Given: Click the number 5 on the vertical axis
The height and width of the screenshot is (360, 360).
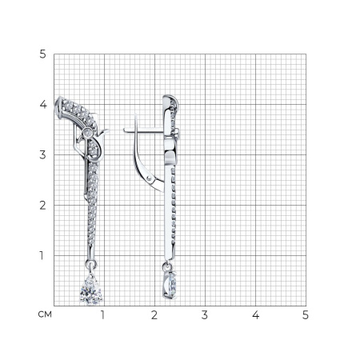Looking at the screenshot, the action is click(42, 54).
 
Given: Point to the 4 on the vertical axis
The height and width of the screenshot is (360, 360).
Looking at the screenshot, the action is click(43, 104).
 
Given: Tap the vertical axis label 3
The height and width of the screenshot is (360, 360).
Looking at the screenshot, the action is click(42, 154).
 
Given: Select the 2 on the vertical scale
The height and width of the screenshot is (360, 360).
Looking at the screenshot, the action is click(42, 206).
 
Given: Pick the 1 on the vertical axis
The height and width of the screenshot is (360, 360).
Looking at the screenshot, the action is click(42, 255).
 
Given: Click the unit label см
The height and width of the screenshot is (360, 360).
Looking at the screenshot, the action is click(45, 314).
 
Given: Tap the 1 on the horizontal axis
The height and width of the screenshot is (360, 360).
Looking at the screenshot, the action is click(102, 315).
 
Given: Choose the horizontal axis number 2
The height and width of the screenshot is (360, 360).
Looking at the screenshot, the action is click(154, 315).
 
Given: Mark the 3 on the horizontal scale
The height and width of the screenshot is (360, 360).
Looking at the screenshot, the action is click(205, 315).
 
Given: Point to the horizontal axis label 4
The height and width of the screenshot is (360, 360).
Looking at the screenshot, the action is click(255, 315).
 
